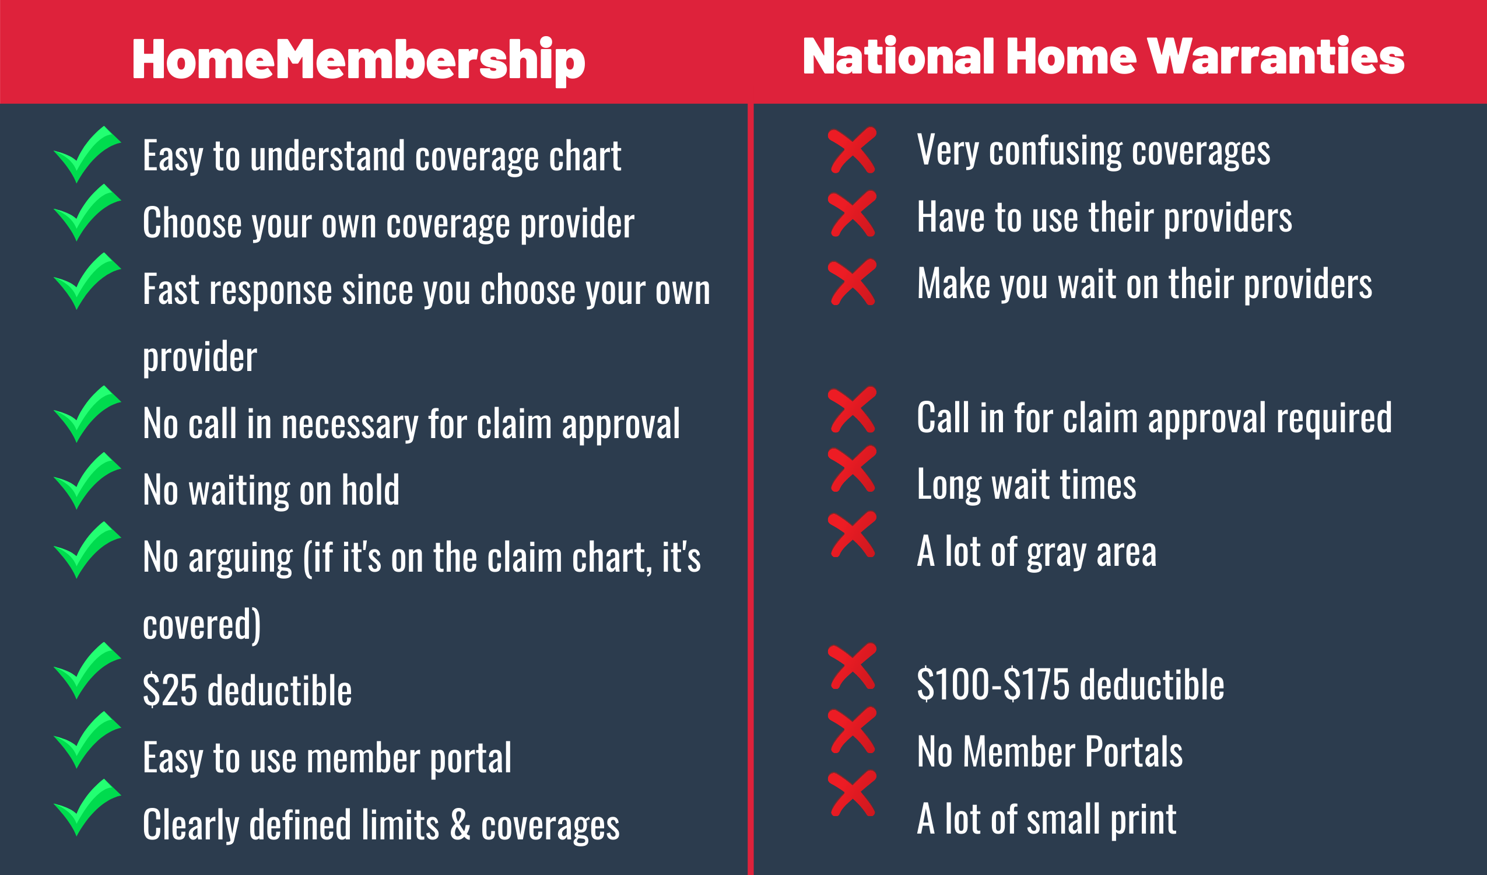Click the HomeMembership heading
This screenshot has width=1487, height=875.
359,60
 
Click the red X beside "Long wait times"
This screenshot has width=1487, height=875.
852,469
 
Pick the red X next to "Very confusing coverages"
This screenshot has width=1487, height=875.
852,150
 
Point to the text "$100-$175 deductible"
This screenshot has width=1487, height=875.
1071,685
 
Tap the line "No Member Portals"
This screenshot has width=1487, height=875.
1050,751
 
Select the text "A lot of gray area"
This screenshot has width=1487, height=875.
1037,551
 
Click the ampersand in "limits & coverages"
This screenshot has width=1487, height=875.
460,824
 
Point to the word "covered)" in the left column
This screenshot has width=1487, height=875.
202,625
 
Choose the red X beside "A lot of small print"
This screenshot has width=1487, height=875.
852,793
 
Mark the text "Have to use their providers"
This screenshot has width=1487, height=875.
1104,217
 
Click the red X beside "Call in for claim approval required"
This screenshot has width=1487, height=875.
852,409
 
